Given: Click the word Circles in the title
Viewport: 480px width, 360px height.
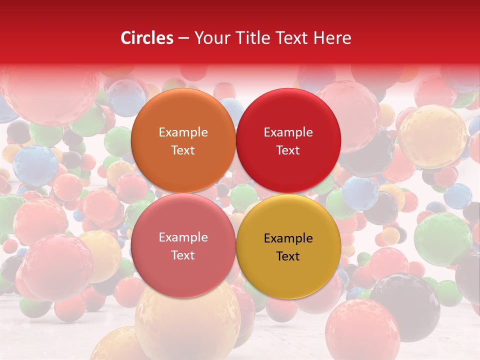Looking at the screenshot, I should pyautogui.click(x=147, y=38).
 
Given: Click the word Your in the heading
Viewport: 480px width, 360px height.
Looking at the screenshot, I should pyautogui.click(x=212, y=38).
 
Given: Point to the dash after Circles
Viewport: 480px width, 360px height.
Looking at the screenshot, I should pyautogui.click(x=183, y=38).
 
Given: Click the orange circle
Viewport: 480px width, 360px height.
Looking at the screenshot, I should pyautogui.click(x=183, y=115).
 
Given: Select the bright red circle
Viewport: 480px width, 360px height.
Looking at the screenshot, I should pyautogui.click(x=288, y=115).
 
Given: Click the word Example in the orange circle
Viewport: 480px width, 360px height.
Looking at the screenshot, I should pyautogui.click(x=183, y=132).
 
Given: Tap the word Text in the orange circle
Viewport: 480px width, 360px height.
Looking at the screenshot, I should pyautogui.click(x=183, y=150).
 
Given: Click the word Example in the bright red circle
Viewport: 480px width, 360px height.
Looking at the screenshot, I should pyautogui.click(x=288, y=132).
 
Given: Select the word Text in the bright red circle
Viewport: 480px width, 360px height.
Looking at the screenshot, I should pyautogui.click(x=288, y=150).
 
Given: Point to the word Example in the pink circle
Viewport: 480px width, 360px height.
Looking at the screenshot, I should pyautogui.click(x=183, y=237).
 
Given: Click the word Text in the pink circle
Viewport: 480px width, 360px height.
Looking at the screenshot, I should pyautogui.click(x=183, y=255).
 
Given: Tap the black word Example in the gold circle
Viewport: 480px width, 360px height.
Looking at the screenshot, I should pyautogui.click(x=288, y=238).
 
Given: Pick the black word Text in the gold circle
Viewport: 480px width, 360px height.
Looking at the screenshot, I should pyautogui.click(x=288, y=256).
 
